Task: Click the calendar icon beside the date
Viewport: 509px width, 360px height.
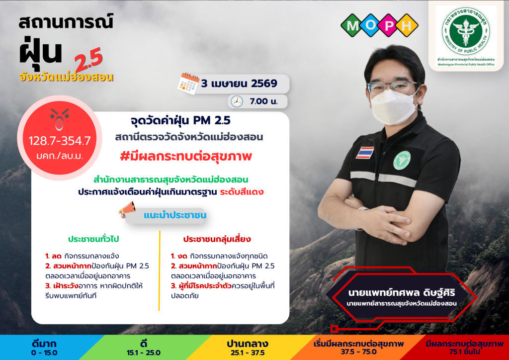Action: [188, 84]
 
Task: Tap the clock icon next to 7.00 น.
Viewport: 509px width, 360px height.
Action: [237, 101]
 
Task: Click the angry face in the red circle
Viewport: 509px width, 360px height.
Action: [60, 119]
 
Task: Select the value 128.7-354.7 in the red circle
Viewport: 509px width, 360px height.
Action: [60, 141]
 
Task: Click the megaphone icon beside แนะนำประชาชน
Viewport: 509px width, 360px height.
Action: [127, 209]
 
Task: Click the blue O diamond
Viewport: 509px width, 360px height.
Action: [370, 25]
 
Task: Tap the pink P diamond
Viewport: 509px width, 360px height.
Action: [388, 25]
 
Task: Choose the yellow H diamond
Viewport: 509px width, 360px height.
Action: [407, 25]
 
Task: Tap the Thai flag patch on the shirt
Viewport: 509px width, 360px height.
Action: [365, 153]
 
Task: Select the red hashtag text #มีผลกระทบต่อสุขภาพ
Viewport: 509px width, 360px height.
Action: [186, 157]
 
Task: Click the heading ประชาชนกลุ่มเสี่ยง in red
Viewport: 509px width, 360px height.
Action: [217, 239]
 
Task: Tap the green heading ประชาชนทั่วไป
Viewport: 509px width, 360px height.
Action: [93, 239]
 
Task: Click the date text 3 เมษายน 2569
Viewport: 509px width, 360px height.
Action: [239, 84]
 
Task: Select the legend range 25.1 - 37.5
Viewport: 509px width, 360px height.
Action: [248, 353]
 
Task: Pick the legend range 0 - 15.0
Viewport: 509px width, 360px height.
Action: [44, 353]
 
